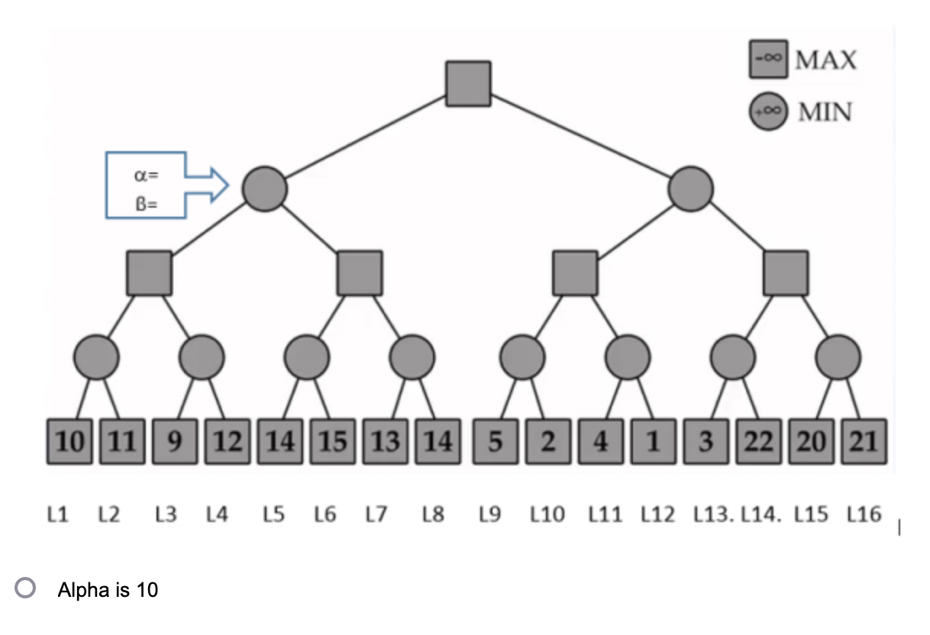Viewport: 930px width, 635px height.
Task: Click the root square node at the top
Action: pyautogui.click(x=467, y=83)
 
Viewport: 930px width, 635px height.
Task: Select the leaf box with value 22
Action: pyautogui.click(x=758, y=442)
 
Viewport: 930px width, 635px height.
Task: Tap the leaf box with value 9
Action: pyautogui.click(x=175, y=442)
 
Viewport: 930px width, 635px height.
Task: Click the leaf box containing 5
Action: pyautogui.click(x=495, y=442)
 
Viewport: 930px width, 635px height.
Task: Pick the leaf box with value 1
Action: pyautogui.click(x=654, y=442)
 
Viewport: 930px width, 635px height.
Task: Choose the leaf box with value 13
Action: pyautogui.click(x=386, y=442)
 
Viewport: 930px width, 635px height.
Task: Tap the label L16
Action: pyautogui.click(x=866, y=515)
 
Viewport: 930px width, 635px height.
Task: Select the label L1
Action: pyautogui.click(x=58, y=515)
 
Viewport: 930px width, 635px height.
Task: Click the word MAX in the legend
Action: pyautogui.click(x=825, y=60)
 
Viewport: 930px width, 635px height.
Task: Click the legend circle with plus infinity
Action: pyautogui.click(x=768, y=111)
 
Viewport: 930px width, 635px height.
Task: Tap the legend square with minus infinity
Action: pyautogui.click(x=768, y=59)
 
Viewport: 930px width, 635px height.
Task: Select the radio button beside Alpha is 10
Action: pyautogui.click(x=27, y=588)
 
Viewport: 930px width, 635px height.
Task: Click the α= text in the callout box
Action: pyautogui.click(x=145, y=175)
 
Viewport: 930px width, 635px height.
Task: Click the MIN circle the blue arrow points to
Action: pyautogui.click(x=264, y=188)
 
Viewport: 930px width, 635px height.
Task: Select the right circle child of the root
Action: pyautogui.click(x=691, y=188)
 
